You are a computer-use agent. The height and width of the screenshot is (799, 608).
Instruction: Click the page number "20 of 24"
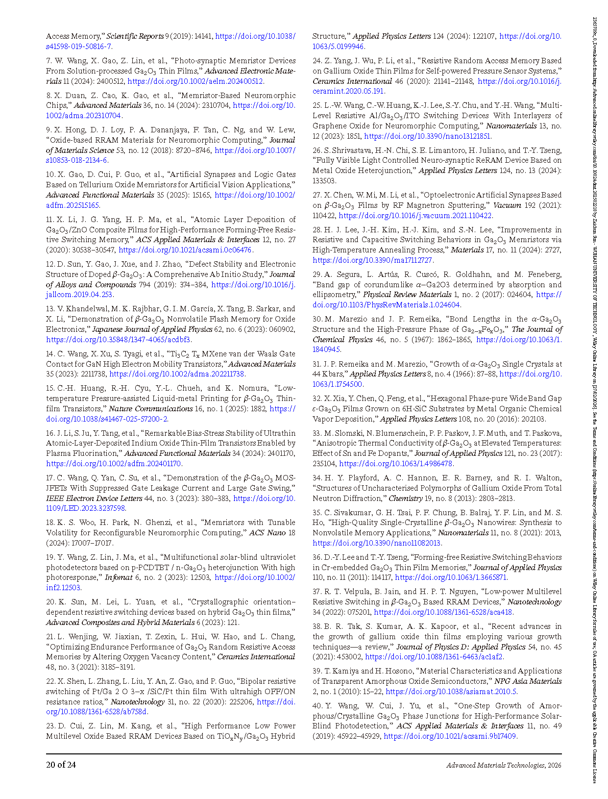[x=61, y=765]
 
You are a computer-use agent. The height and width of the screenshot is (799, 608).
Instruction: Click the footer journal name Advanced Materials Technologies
[x=495, y=765]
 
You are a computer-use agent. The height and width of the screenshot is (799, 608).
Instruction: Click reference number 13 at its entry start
[x=50, y=309]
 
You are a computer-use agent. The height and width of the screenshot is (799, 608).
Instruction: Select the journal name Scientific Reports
[x=135, y=36]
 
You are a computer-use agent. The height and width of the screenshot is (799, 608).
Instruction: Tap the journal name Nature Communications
[x=150, y=409]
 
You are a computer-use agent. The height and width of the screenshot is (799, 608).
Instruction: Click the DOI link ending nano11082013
[x=377, y=543]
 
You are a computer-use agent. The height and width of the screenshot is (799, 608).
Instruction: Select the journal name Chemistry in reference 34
[x=405, y=499]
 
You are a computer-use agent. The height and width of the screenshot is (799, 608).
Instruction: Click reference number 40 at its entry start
[x=317, y=706]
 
